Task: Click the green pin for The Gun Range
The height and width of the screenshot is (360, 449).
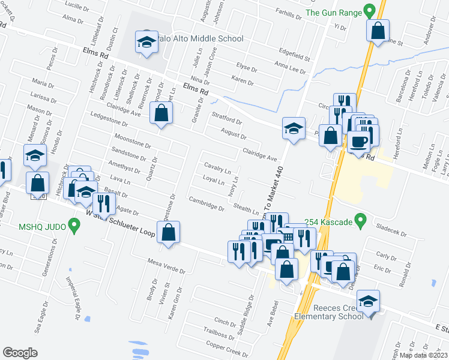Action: pos(370,11)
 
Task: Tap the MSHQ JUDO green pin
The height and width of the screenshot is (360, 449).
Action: pos(74,226)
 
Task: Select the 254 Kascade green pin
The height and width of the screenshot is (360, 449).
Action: pos(360,222)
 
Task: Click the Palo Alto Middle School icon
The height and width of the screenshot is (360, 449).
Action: pos(145,42)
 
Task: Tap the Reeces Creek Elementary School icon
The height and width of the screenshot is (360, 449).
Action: pos(368,301)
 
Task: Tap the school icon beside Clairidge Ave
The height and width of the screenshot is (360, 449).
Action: pos(292,128)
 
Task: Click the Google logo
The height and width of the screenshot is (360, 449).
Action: pos(20,353)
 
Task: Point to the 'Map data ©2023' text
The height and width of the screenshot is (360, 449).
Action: pos(423,355)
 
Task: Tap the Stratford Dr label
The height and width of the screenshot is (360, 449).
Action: pos(226,118)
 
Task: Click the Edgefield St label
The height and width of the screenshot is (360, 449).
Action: pos(294,55)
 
